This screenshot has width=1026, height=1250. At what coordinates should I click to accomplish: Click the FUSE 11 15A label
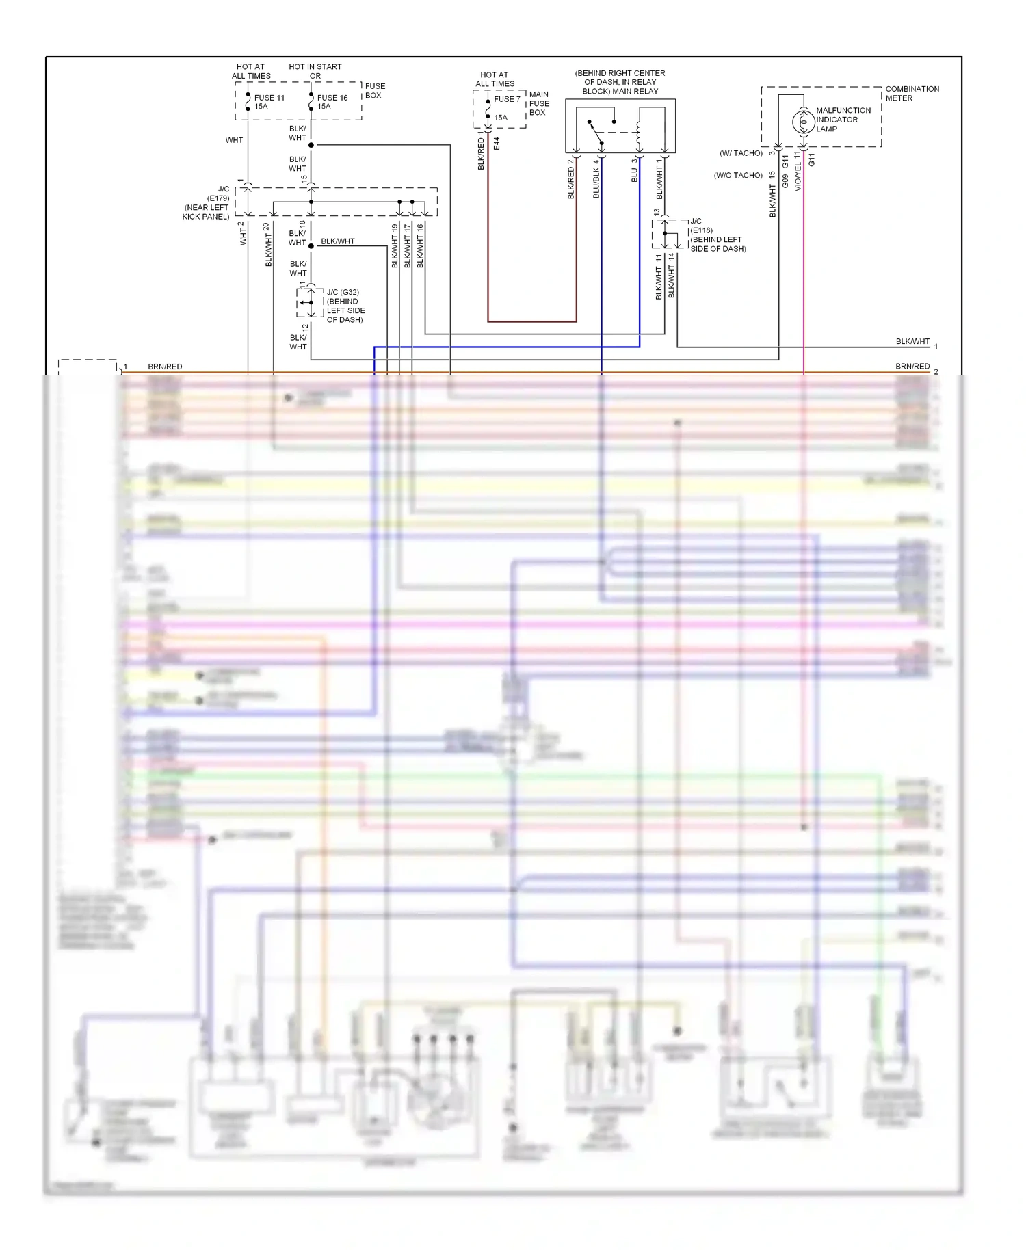point(269,102)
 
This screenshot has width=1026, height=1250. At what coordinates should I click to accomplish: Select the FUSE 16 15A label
point(332,102)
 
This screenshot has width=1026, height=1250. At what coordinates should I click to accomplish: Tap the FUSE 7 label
point(507,99)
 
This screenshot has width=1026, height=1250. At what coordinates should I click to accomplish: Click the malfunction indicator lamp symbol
point(803,122)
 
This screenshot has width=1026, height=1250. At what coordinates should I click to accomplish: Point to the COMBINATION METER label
point(912,94)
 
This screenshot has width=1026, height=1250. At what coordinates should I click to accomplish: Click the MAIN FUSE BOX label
point(538,103)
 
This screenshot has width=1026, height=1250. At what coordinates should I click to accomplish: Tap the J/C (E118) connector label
point(717,235)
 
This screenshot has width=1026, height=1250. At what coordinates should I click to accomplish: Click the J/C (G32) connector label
point(345,306)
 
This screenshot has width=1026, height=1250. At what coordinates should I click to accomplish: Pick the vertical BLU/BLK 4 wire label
point(596,178)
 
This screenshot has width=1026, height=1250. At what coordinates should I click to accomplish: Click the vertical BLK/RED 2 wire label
point(570,179)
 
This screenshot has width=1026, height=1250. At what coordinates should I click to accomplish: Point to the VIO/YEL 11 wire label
point(798,171)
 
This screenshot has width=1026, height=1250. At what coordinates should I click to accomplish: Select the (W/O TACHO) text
point(738,176)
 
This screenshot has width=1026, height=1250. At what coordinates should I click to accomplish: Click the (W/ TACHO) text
point(741,153)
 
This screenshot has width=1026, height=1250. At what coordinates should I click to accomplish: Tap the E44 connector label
point(497,144)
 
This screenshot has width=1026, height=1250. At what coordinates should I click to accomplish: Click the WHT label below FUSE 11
point(234,140)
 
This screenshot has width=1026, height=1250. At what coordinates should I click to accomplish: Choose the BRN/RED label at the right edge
point(912,367)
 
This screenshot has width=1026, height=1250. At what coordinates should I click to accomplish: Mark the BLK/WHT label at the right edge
point(912,341)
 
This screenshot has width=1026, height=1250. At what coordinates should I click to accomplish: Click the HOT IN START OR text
point(315,71)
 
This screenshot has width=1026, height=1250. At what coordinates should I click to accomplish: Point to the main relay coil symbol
point(638,133)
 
